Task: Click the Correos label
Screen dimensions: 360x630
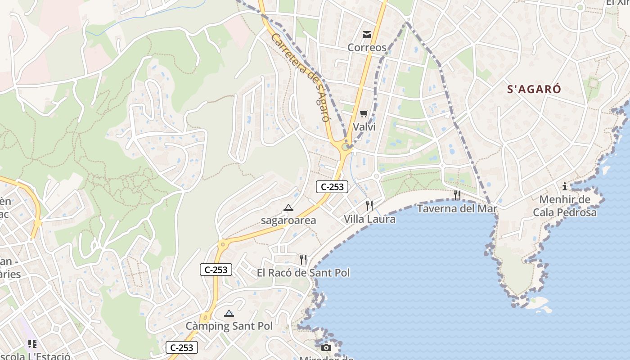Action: (x=367, y=47)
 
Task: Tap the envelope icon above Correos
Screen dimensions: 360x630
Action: (x=367, y=34)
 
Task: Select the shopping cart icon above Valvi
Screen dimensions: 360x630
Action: (x=364, y=113)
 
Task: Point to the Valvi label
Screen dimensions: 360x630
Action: (x=364, y=127)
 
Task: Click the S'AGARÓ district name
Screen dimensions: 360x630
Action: (x=534, y=89)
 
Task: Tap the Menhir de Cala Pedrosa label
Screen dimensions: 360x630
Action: (x=565, y=206)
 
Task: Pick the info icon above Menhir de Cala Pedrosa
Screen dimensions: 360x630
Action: (x=565, y=186)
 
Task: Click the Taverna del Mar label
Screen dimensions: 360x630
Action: (x=457, y=208)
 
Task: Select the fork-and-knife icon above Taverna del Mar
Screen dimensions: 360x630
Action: (x=457, y=195)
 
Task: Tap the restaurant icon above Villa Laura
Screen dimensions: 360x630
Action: (x=369, y=206)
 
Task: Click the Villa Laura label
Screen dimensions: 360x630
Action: (x=369, y=219)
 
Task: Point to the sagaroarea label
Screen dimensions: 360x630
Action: (x=288, y=220)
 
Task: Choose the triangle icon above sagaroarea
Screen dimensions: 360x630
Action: (x=288, y=207)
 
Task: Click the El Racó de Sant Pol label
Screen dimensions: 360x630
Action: (x=303, y=273)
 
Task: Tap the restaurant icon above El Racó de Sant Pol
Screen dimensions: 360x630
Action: (x=303, y=259)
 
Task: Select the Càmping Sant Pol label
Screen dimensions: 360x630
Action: (x=229, y=326)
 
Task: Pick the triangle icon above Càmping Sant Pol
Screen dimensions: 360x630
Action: (x=229, y=313)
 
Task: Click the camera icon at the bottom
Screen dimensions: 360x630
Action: (x=326, y=347)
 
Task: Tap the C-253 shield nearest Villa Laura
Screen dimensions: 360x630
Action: (x=332, y=187)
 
